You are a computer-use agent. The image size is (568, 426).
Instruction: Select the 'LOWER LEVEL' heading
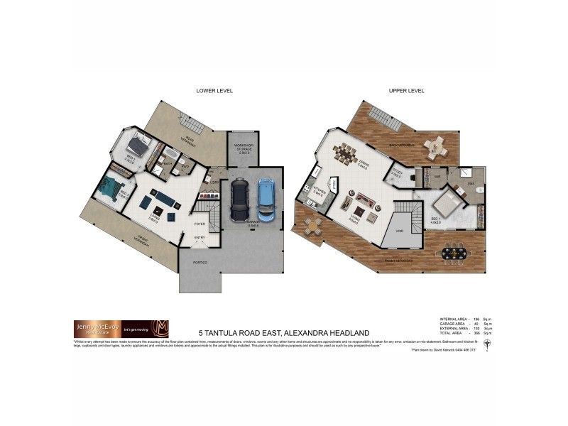214,91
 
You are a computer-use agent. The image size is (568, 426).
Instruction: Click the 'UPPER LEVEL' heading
407,91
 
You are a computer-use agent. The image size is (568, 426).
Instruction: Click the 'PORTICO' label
201,263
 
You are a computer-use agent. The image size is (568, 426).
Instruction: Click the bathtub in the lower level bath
171,154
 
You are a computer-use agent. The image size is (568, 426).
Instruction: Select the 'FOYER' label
200,224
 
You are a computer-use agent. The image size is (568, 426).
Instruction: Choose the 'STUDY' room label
396,173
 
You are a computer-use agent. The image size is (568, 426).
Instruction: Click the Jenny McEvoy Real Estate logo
120,329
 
